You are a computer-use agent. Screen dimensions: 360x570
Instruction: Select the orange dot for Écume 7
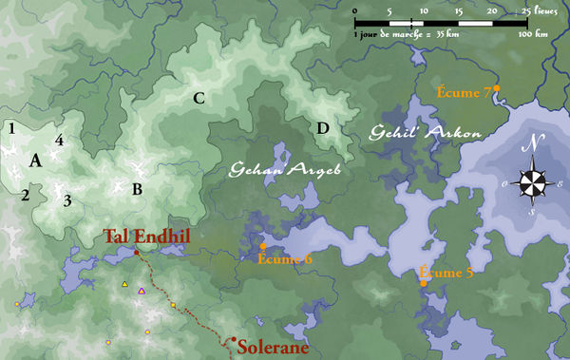click(497, 87)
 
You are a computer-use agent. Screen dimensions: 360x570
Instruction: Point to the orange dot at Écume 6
click(263, 246)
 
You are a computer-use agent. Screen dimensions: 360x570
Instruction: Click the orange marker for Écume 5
click(423, 282)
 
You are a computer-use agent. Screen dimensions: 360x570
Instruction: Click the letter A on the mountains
click(35, 161)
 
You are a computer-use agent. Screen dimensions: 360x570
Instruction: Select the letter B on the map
click(137, 189)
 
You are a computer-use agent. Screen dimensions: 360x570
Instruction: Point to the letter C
click(199, 97)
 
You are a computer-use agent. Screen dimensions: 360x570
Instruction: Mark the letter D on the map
click(323, 128)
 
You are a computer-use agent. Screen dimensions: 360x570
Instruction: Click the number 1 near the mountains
click(12, 127)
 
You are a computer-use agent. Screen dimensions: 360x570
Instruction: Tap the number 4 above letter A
click(59, 141)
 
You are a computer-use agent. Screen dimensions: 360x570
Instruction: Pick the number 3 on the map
click(66, 200)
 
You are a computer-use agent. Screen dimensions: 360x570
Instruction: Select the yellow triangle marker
click(123, 284)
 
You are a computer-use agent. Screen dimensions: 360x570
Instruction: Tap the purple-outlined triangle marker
click(142, 291)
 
